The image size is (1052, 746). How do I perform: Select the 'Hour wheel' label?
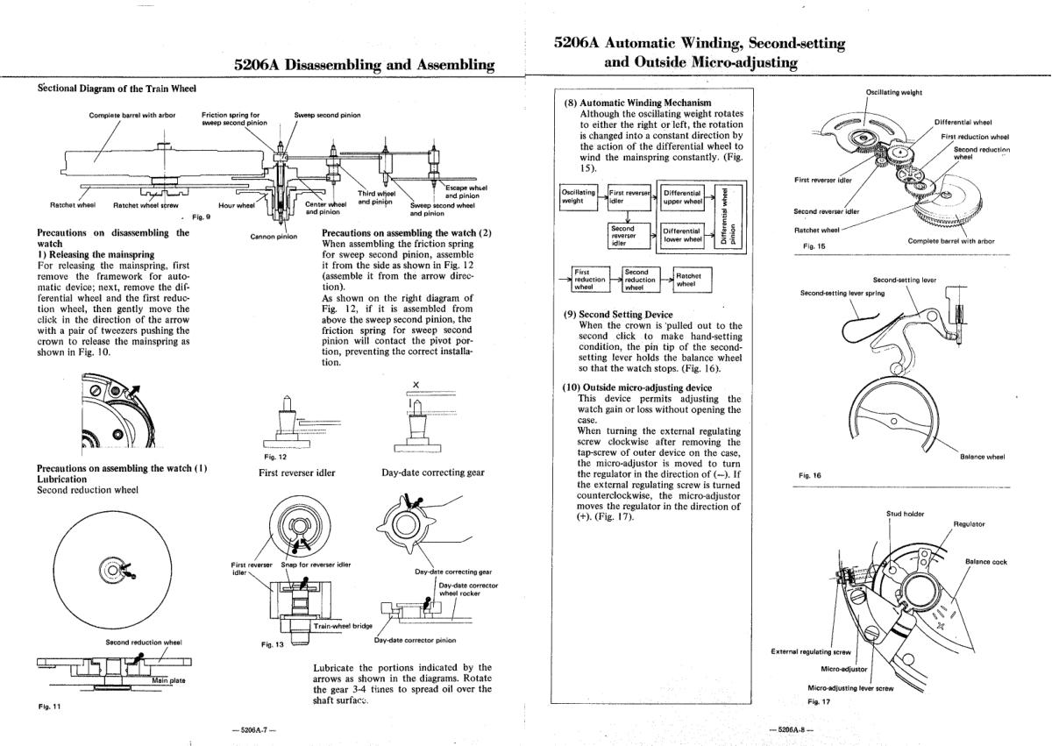(x=235, y=206)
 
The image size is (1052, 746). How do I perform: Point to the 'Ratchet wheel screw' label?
(x=146, y=206)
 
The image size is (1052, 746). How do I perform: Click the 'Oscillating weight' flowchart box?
(x=578, y=195)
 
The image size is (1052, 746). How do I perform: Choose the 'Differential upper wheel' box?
(x=683, y=195)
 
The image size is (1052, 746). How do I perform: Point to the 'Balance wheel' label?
(x=982, y=456)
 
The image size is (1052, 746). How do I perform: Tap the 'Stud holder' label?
(x=905, y=514)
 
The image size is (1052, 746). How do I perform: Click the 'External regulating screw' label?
(x=811, y=651)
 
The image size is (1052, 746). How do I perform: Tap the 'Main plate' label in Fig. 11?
(x=168, y=679)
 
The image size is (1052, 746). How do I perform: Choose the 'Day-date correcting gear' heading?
(x=432, y=472)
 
